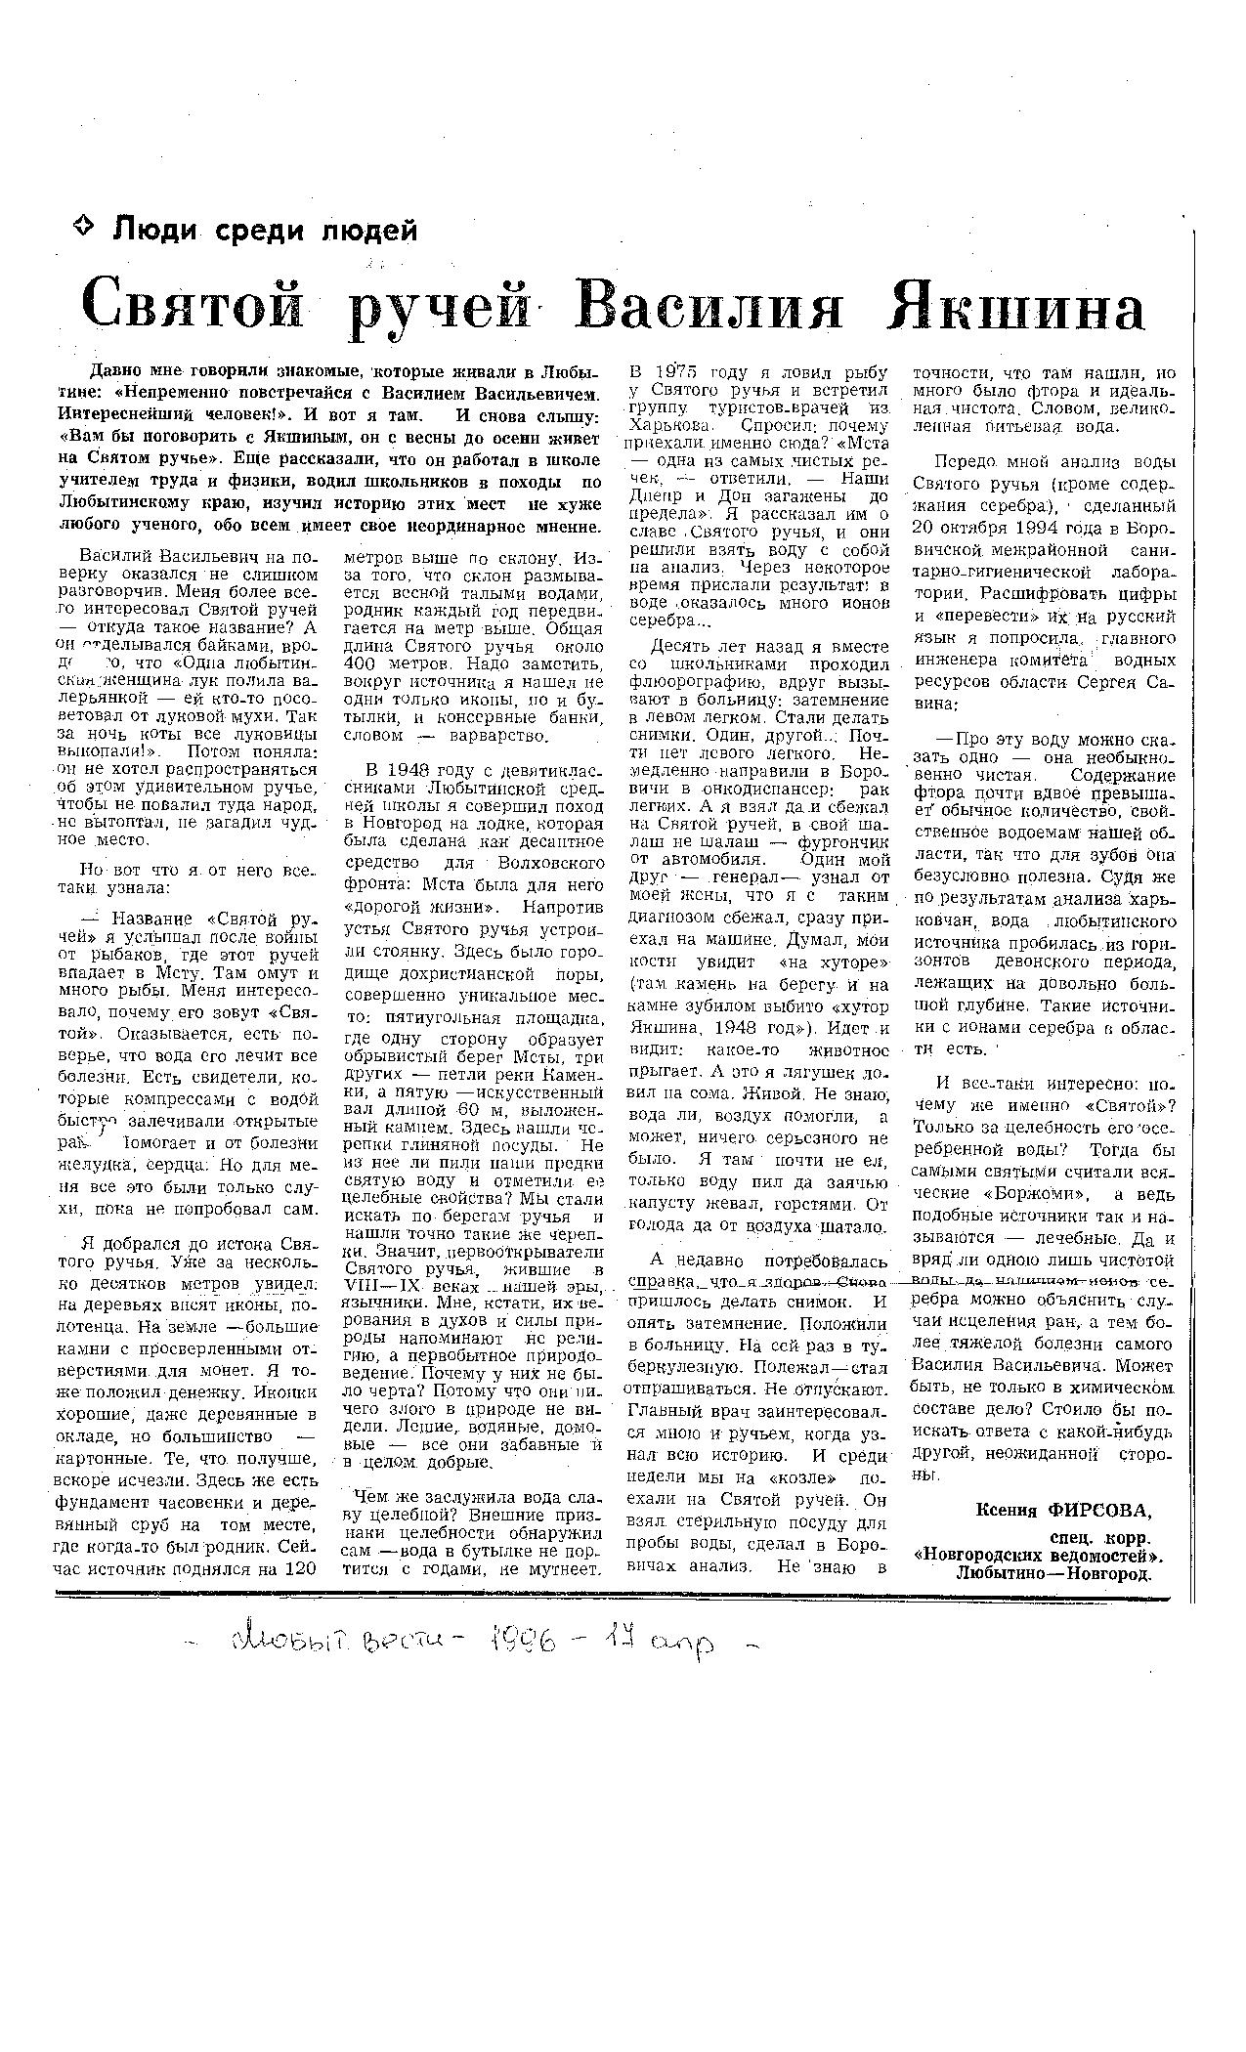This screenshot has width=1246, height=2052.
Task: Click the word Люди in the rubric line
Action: tap(154, 231)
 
